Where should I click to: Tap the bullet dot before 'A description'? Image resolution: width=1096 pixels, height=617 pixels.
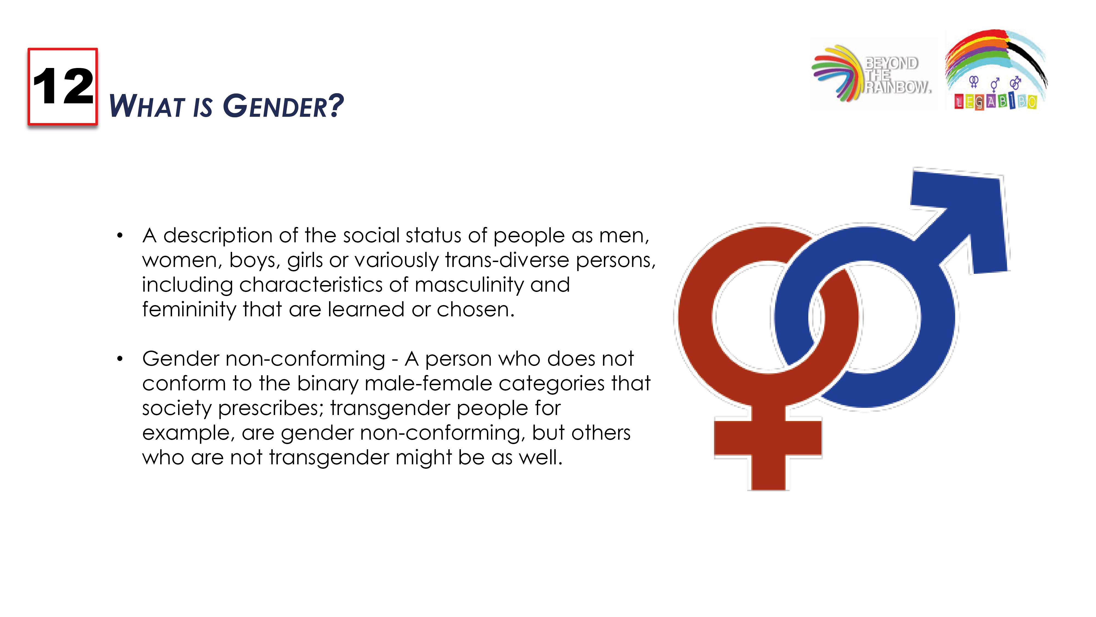(x=120, y=235)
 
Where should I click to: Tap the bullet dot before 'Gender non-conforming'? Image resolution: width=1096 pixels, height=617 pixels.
(x=120, y=359)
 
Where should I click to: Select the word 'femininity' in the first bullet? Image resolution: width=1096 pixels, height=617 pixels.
(x=189, y=309)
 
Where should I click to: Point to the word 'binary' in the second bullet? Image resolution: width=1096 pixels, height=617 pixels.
(x=328, y=384)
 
